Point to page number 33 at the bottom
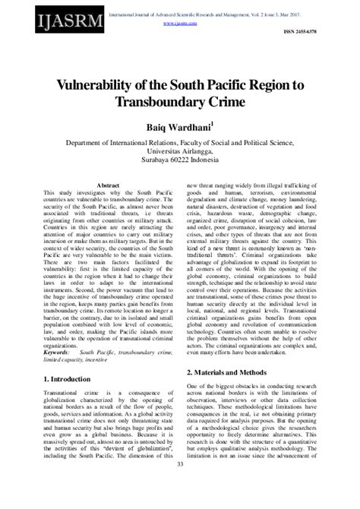(180, 485)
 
